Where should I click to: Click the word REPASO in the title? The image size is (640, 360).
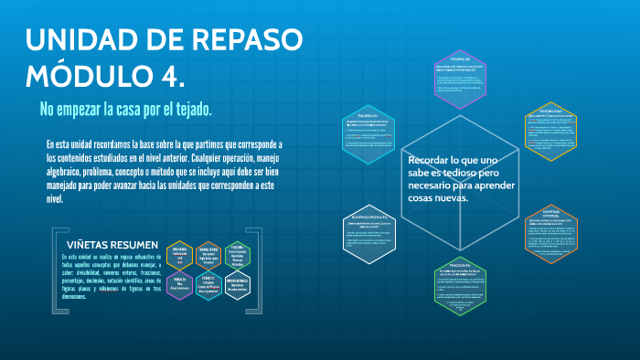pos(248,41)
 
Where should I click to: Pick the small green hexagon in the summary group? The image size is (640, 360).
pos(237,253)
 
